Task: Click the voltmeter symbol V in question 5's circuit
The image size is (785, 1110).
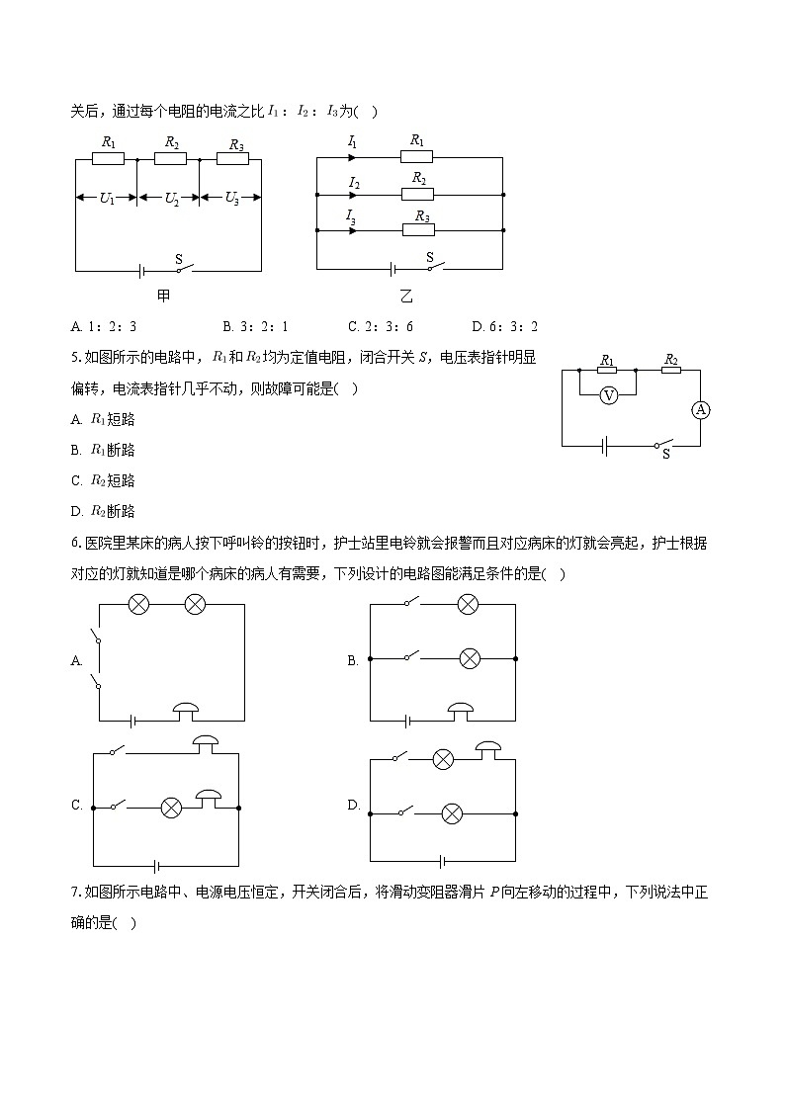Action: tap(610, 394)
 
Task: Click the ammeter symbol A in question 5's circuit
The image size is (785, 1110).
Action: tap(700, 409)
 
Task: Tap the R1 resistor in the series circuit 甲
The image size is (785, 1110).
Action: tap(108, 158)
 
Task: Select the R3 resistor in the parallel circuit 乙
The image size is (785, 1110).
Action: tap(419, 230)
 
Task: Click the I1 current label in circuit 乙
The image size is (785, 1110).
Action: tap(352, 142)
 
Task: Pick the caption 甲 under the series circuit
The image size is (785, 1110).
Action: tap(164, 295)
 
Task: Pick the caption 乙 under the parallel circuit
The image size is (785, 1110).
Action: tap(406, 295)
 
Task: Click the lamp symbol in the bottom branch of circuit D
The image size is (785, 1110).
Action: tap(452, 813)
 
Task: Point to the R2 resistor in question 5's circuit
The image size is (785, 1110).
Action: tap(669, 371)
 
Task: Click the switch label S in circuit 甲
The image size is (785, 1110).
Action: tap(179, 260)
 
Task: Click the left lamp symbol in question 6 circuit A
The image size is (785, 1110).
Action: tap(139, 604)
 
